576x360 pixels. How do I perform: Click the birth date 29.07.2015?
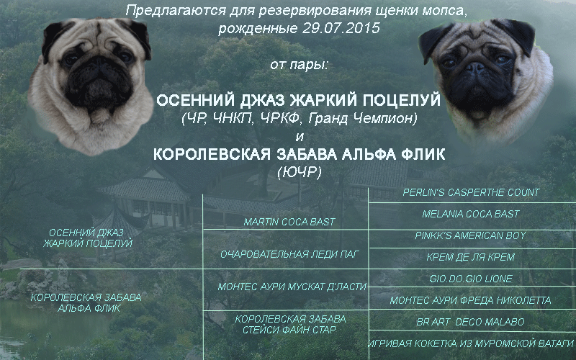pyautogui.click(x=341, y=28)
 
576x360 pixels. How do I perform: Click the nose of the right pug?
pyautogui.click(x=477, y=67)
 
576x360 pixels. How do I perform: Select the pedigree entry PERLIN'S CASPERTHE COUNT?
pyautogui.click(x=472, y=192)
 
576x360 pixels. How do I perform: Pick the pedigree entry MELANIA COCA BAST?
pyautogui.click(x=471, y=214)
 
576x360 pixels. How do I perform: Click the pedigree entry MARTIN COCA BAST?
pyautogui.click(x=289, y=222)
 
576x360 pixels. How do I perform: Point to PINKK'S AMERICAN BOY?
pyautogui.click(x=471, y=235)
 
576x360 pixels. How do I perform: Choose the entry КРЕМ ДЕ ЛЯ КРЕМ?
pyautogui.click(x=471, y=257)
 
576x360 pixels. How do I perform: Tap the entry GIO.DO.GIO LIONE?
pyautogui.click(x=471, y=279)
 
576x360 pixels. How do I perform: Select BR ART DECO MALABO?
pyautogui.click(x=470, y=322)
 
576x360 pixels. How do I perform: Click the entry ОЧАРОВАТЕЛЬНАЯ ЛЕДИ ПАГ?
pyautogui.click(x=289, y=254)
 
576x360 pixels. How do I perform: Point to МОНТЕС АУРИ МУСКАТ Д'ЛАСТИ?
pyautogui.click(x=292, y=287)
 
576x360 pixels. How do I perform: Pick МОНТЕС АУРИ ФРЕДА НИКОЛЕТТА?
pyautogui.click(x=471, y=300)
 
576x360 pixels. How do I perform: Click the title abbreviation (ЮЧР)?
pyautogui.click(x=300, y=172)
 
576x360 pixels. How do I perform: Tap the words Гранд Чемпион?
pyautogui.click(x=363, y=119)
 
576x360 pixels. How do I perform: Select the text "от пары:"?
pyautogui.click(x=299, y=66)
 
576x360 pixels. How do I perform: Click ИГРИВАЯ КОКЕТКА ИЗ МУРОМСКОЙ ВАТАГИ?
pyautogui.click(x=471, y=344)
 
